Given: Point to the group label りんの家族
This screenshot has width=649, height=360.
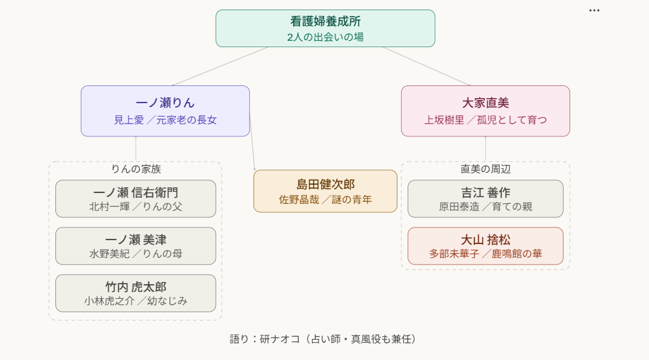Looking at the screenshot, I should click(x=136, y=169).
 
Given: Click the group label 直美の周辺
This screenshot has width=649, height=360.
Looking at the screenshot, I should click(x=485, y=169).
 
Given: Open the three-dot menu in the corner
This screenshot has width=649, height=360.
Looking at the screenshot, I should click(x=594, y=11).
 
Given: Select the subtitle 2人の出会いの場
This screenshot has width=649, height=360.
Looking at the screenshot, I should click(x=325, y=37).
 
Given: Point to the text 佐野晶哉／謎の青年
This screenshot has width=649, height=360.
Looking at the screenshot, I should click(x=325, y=199).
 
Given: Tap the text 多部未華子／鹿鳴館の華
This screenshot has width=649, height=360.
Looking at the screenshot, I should click(x=485, y=254).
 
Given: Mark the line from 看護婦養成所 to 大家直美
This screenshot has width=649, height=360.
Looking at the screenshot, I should click(x=426, y=66).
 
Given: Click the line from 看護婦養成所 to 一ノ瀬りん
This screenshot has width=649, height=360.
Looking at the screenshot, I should click(x=220, y=66).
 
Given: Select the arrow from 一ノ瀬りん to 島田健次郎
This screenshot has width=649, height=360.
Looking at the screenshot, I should click(x=252, y=143).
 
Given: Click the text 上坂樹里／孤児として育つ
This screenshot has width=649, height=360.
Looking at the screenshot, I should click(x=485, y=120).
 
